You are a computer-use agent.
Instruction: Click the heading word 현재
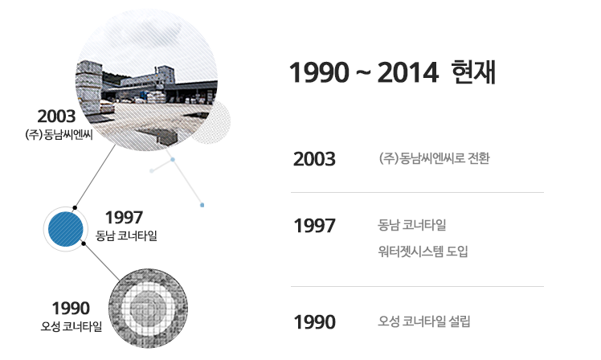473,72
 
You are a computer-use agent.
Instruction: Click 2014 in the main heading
407,73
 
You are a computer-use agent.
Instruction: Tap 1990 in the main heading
319,73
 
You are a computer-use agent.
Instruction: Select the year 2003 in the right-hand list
314,159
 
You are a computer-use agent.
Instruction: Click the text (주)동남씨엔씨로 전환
434,158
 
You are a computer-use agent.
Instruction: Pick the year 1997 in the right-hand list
314,226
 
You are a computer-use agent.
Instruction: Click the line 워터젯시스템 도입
423,252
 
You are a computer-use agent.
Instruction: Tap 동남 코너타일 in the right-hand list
412,225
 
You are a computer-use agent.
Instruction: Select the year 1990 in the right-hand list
314,322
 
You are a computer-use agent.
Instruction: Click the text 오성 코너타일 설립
424,321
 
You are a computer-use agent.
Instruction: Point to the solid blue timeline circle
66,229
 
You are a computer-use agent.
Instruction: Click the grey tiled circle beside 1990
148,309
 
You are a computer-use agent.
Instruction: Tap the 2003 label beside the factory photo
56,117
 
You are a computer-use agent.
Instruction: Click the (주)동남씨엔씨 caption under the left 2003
59,135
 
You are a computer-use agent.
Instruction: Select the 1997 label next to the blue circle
124,218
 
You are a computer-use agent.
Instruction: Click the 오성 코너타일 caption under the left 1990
72,326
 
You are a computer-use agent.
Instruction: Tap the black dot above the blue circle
75,208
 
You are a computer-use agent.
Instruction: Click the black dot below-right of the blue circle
84,243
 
